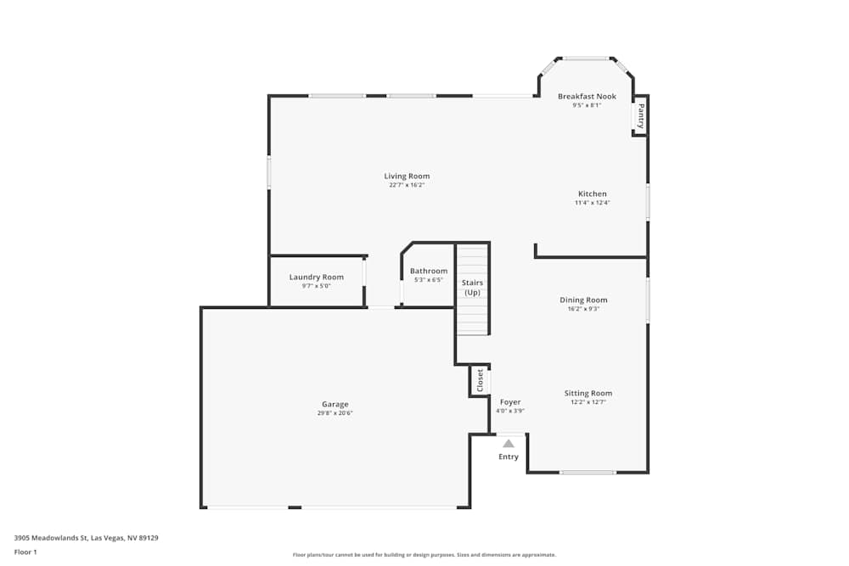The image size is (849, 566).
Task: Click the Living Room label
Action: click(x=407, y=176)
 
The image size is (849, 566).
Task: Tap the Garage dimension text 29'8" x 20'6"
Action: click(x=335, y=413)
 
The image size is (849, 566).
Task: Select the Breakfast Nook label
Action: click(x=587, y=97)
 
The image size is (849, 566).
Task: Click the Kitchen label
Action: click(x=592, y=193)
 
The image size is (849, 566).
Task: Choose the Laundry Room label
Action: click(x=316, y=277)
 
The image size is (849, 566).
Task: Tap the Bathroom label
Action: click(x=428, y=271)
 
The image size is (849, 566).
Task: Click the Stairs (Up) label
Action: click(x=472, y=287)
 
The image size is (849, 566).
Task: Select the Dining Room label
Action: click(x=583, y=300)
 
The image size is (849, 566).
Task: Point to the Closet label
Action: click(x=480, y=380)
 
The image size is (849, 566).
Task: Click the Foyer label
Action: click(x=509, y=401)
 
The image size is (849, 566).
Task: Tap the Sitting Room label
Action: click(x=588, y=393)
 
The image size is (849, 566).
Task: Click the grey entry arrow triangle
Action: click(x=508, y=443)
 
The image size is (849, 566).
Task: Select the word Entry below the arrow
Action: click(x=508, y=457)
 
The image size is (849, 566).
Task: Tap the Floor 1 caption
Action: click(x=25, y=552)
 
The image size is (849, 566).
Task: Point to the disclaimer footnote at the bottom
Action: click(x=424, y=555)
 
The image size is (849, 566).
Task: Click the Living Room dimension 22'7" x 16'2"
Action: click(x=407, y=185)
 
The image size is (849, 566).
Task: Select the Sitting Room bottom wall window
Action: click(x=588, y=472)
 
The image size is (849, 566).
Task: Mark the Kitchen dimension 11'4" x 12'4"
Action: click(x=592, y=203)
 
